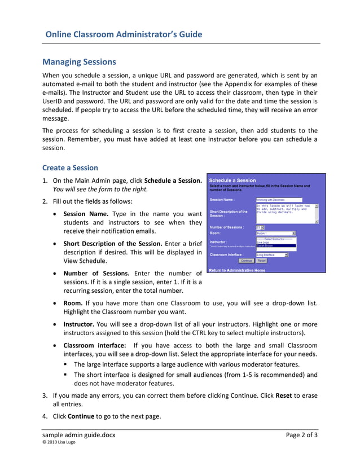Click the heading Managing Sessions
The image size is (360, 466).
[x=80, y=61]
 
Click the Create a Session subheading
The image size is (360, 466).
[x=70, y=168]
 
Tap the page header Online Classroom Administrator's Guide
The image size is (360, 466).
[x=124, y=34]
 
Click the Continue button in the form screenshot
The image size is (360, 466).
[x=246, y=261]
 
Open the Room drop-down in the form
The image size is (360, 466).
[x=276, y=232]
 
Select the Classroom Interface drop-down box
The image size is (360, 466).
[x=272, y=255]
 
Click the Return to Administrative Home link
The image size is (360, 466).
[x=237, y=270]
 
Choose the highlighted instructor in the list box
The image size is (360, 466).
[x=276, y=246]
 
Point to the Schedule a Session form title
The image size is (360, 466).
[x=232, y=181]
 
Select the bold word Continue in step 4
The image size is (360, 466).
[x=81, y=416]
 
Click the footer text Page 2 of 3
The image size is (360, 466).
[x=301, y=434]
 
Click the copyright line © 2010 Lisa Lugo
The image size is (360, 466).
[x=59, y=442]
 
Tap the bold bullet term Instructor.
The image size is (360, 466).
[x=78, y=324]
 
